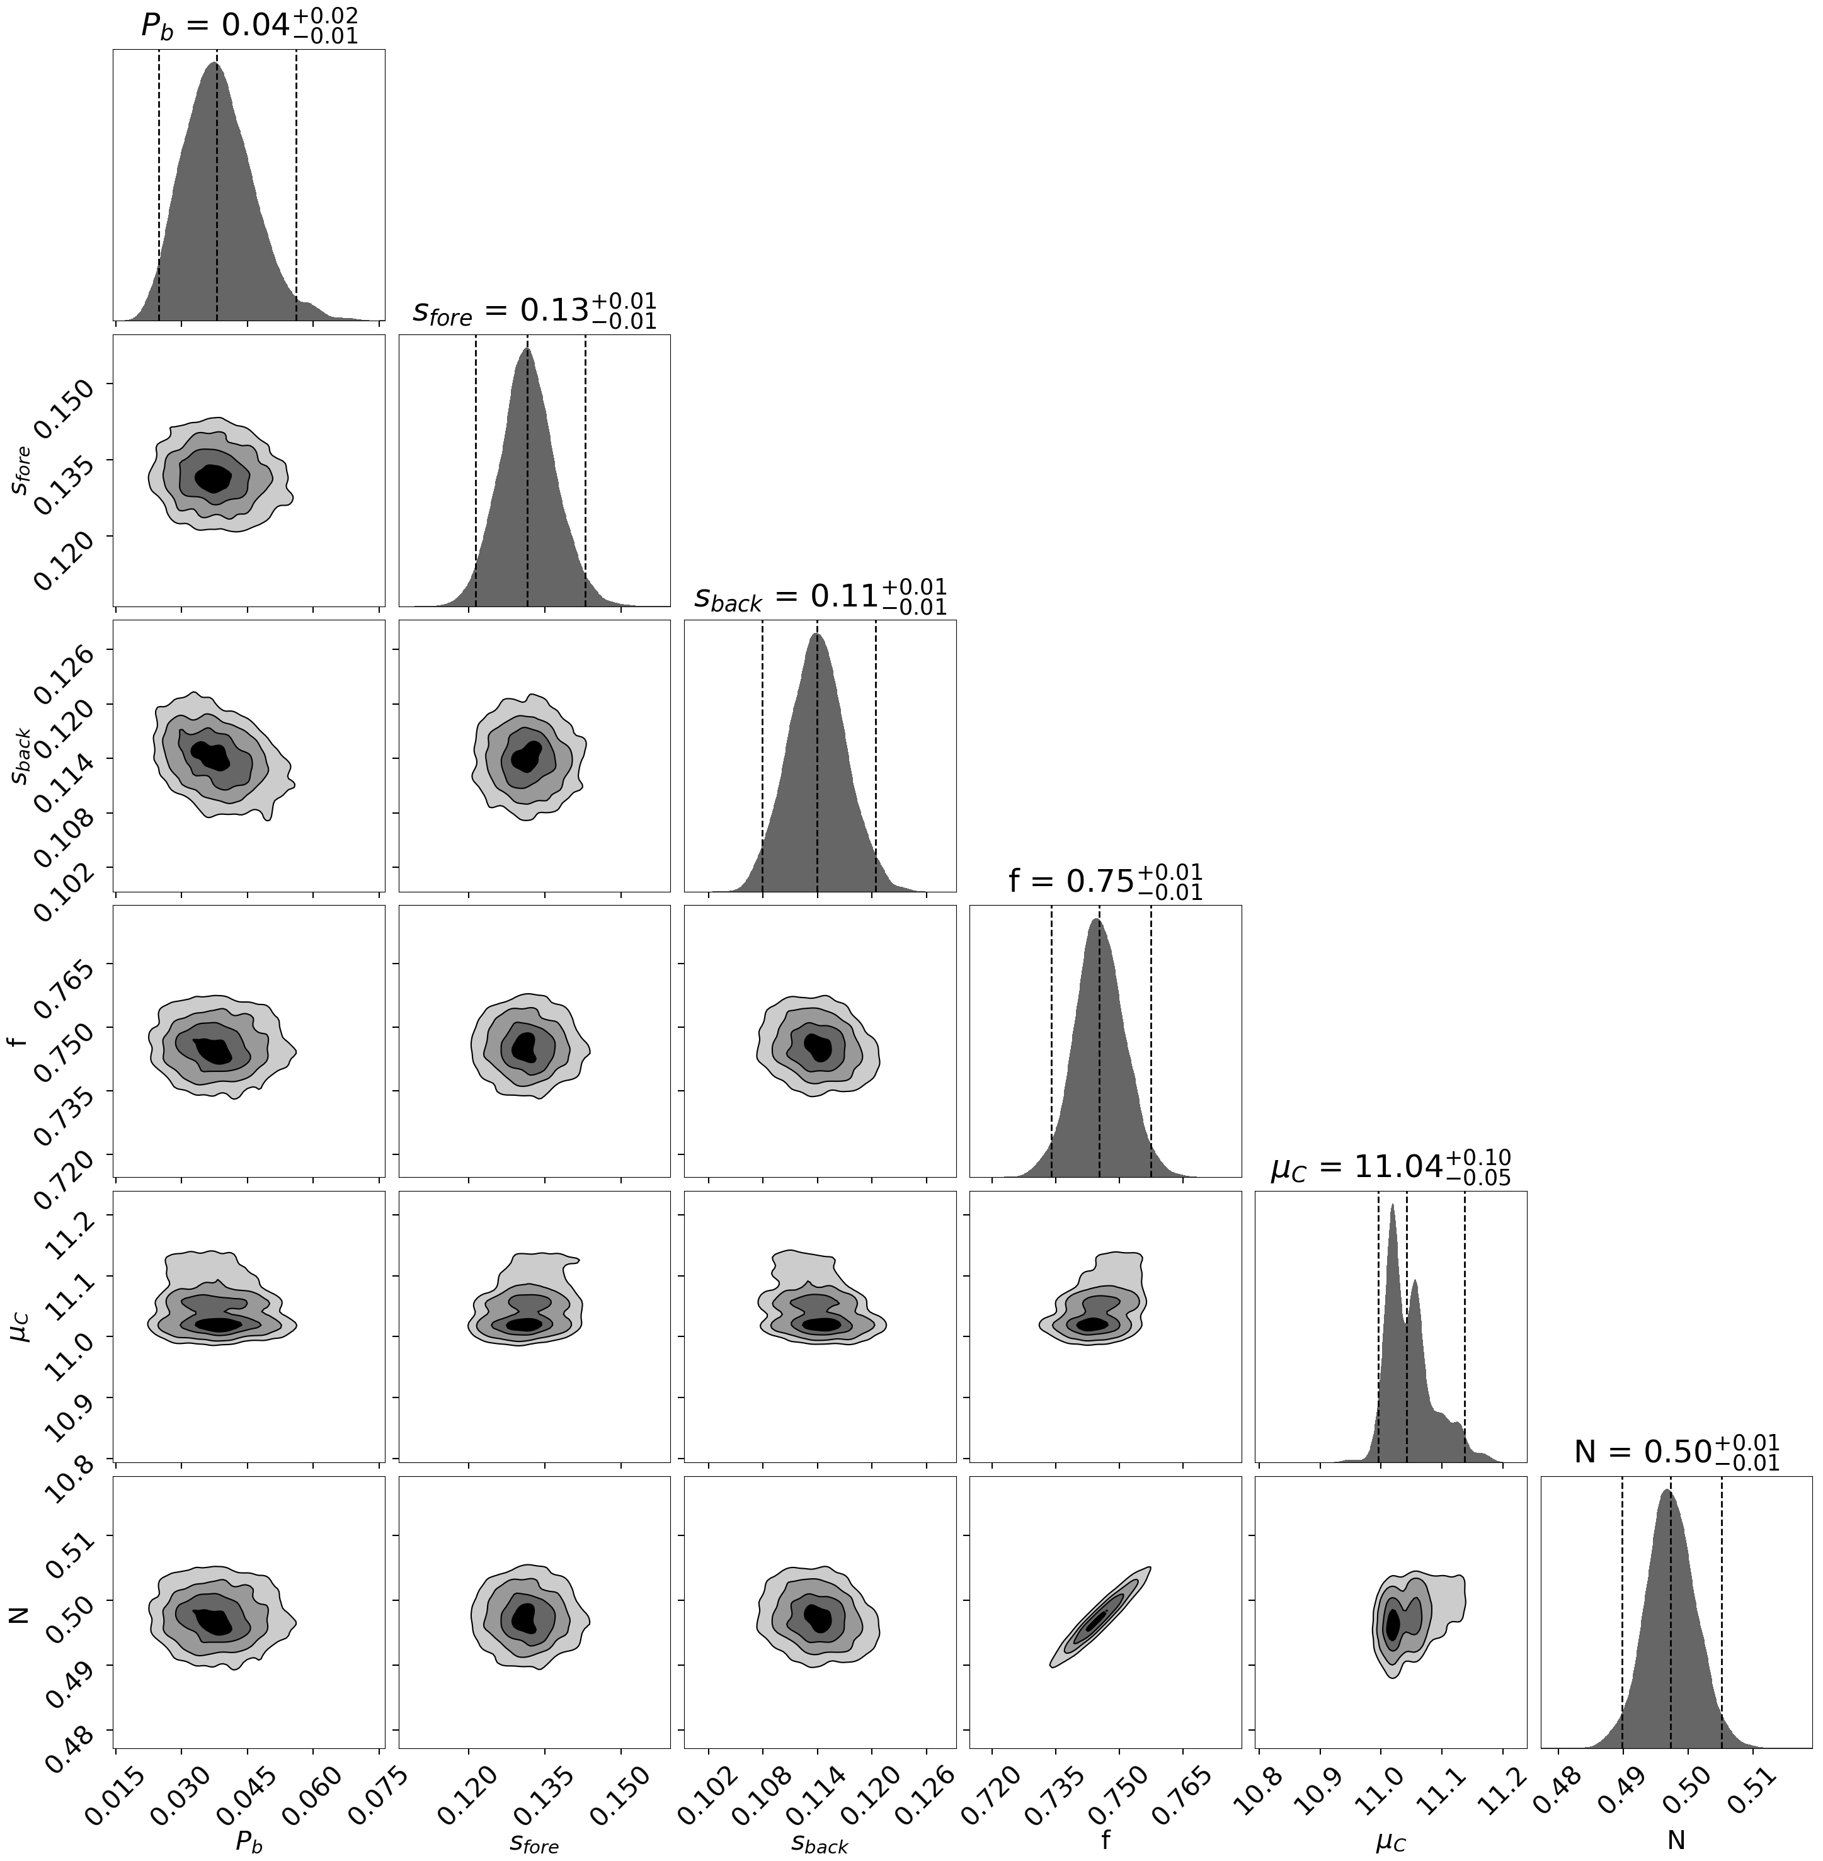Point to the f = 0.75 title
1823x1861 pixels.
point(1105,882)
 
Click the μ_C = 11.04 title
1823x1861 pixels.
point(1390,1167)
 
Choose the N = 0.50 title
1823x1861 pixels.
point(1676,1452)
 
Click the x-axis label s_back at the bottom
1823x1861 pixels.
point(820,1843)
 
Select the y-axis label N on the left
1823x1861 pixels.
point(17,1616)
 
